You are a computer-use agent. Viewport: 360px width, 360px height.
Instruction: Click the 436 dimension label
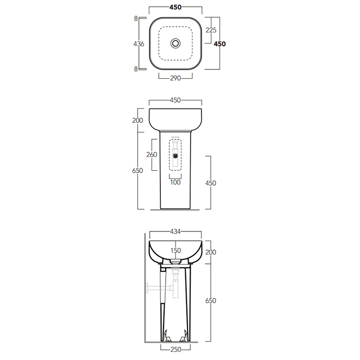tap(139, 44)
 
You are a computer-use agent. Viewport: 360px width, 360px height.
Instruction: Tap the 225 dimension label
tap(211, 30)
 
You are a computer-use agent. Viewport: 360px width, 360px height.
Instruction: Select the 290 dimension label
tap(175, 78)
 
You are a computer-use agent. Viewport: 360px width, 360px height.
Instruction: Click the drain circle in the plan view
tap(175, 43)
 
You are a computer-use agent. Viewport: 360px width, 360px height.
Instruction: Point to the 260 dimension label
tap(152, 154)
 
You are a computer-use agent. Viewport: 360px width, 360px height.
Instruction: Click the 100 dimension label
tap(175, 182)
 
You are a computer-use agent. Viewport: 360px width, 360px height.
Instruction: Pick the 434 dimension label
tap(175, 231)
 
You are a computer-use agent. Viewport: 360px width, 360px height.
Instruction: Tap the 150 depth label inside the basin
tap(176, 250)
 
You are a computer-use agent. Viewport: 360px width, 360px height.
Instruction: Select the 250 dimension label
tap(176, 349)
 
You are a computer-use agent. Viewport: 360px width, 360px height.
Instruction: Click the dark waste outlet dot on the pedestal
tap(175, 156)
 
